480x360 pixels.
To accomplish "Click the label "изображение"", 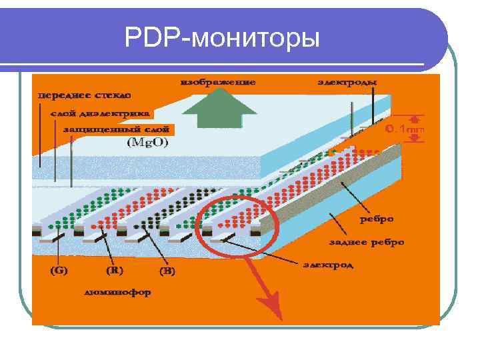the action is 217,83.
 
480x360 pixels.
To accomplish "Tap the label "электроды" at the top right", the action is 346,83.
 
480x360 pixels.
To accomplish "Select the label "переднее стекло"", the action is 84,95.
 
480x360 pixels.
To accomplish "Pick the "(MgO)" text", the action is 147,143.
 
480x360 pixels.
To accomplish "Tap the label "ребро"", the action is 377,218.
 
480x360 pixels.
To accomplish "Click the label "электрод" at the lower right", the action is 327,265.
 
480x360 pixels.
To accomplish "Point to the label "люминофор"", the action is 118,291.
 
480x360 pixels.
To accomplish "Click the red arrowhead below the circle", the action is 272,308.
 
